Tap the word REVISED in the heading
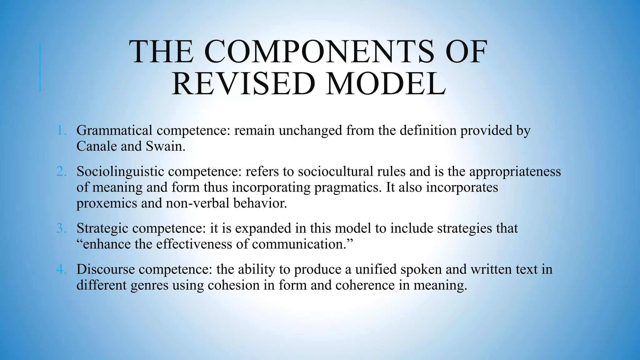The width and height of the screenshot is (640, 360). (x=244, y=84)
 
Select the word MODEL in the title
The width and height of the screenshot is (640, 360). (x=386, y=84)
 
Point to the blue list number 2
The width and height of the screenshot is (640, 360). (x=62, y=172)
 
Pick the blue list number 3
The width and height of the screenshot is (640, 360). (x=62, y=228)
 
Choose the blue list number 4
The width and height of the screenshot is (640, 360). (x=62, y=269)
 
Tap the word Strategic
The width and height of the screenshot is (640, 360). (x=102, y=229)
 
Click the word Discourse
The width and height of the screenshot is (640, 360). (x=105, y=269)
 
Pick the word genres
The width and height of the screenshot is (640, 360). (x=149, y=285)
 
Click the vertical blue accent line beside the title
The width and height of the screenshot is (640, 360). (x=40, y=67)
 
